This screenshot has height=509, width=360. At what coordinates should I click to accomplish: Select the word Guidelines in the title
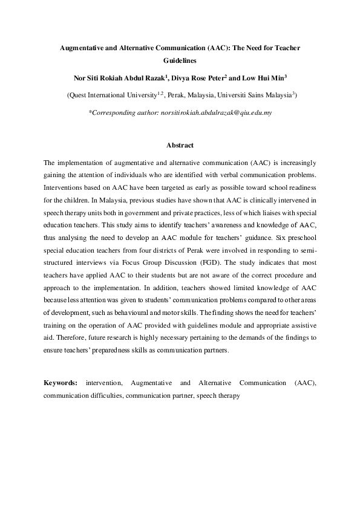point(180,61)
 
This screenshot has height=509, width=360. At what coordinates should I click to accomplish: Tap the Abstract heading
point(180,146)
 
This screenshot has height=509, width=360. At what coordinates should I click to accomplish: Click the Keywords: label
point(61,383)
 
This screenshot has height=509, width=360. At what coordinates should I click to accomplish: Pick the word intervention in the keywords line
point(105,383)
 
